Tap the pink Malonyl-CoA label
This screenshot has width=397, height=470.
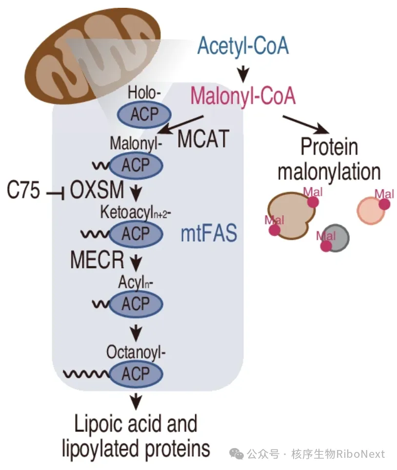(x=243, y=96)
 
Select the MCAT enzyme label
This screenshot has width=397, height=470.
(x=203, y=138)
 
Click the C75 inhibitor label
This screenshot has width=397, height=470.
(x=23, y=190)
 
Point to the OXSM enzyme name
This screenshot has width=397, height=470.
(x=97, y=190)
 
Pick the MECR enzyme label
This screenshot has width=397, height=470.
(x=97, y=259)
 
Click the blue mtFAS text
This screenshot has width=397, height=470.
(x=209, y=233)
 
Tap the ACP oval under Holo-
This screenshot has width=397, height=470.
(x=144, y=115)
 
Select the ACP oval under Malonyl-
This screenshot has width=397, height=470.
(x=136, y=165)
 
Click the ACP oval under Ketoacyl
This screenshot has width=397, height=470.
(x=136, y=234)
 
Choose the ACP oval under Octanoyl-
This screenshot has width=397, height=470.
(x=136, y=374)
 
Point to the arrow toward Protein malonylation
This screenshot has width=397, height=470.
(x=306, y=125)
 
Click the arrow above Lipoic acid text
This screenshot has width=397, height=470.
(x=136, y=402)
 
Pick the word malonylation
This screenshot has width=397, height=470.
(x=329, y=172)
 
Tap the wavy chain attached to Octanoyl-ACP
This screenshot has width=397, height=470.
(x=86, y=373)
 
